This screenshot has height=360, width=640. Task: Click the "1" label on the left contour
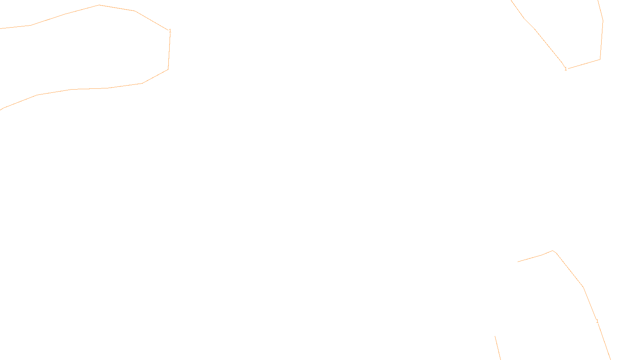pyautogui.click(x=170, y=31)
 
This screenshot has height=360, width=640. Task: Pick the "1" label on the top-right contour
pyautogui.click(x=566, y=69)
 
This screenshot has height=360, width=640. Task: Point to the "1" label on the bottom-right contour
pyautogui.click(x=597, y=321)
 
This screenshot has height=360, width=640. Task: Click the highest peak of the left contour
pyautogui.click(x=99, y=5)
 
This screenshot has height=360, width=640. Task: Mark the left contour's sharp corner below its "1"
pyautogui.click(x=168, y=70)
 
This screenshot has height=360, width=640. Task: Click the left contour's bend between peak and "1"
pyautogui.click(x=135, y=11)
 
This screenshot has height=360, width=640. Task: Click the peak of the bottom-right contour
pyautogui.click(x=553, y=251)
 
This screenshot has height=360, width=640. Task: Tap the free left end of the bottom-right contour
pyautogui.click(x=518, y=262)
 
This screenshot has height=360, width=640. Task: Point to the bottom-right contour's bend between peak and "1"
pyautogui.click(x=584, y=287)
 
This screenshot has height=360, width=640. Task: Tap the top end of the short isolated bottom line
pyautogui.click(x=495, y=336)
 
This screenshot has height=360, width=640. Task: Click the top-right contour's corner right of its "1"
pyautogui.click(x=600, y=59)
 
